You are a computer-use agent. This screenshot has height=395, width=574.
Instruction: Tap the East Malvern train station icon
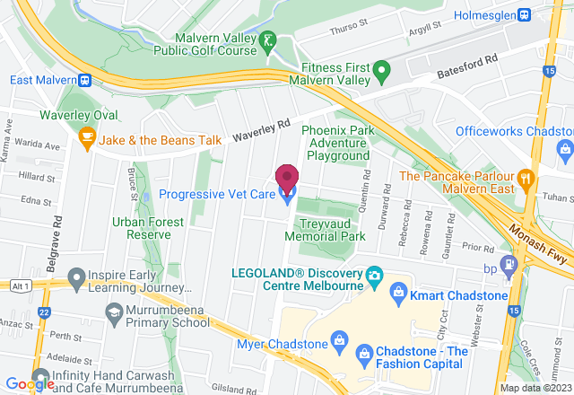[x=84, y=79]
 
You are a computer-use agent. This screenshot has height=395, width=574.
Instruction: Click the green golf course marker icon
[x=267, y=39]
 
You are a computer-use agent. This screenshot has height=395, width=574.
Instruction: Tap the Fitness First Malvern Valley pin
[x=382, y=68]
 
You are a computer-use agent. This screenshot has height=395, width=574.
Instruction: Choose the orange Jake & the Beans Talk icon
[x=86, y=136]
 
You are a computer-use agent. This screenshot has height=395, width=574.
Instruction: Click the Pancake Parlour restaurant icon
[x=526, y=177]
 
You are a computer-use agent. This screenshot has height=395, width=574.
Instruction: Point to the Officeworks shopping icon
[x=564, y=145]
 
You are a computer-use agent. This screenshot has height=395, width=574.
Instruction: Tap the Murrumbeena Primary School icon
[x=114, y=311]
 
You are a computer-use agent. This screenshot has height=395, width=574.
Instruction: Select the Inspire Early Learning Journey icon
[x=75, y=276]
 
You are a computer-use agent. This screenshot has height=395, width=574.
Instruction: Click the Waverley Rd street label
[x=263, y=131]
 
